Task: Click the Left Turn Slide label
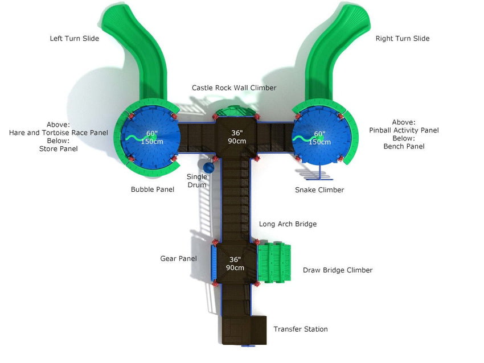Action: coord(74,39)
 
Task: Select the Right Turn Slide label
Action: coord(402,39)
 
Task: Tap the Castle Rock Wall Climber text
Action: coord(233,88)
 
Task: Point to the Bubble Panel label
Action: coord(152,189)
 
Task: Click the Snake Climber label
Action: coord(319,190)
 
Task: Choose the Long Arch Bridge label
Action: coord(288,224)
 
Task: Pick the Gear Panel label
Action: coord(178,259)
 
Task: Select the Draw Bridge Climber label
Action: coord(337,270)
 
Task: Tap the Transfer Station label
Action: coord(300,329)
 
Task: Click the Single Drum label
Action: coord(197,181)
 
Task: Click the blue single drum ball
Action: coord(209,168)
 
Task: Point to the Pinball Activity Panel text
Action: coord(404,130)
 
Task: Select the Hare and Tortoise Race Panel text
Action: coord(58,133)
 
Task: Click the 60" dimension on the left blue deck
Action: coord(152,133)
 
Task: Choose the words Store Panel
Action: coord(58,149)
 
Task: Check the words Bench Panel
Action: coord(404,146)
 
